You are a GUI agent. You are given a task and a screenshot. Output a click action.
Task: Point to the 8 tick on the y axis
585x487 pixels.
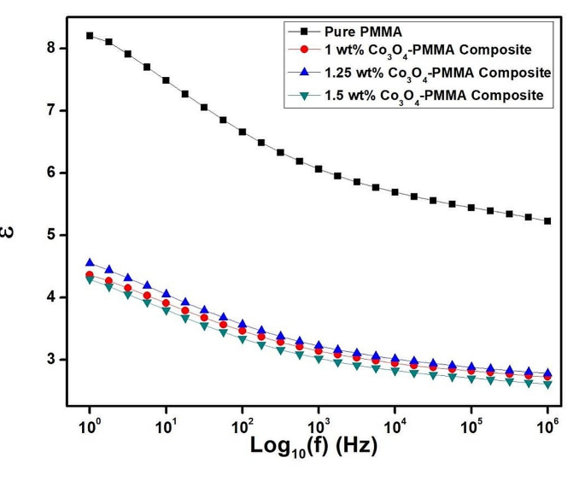pos(50,49)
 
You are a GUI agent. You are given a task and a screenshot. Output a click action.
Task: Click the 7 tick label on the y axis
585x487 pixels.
pos(50,111)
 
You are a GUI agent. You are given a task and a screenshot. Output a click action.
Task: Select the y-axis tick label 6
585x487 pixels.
pos(50,173)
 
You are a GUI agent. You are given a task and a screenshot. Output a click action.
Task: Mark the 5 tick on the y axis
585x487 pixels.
pos(50,235)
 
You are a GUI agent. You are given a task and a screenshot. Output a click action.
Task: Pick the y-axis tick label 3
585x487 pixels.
pos(50,360)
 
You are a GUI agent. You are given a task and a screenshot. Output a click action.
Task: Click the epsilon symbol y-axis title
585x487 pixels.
pos(10,231)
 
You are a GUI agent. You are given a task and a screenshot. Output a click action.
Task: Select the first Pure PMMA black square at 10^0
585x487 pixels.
pos(90,36)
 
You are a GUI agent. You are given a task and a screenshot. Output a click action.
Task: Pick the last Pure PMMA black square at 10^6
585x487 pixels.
pos(547,220)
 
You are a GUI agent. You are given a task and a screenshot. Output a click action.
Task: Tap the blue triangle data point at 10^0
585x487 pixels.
pos(90,263)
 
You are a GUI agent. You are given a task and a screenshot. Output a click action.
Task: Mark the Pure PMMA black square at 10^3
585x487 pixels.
pos(319,169)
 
